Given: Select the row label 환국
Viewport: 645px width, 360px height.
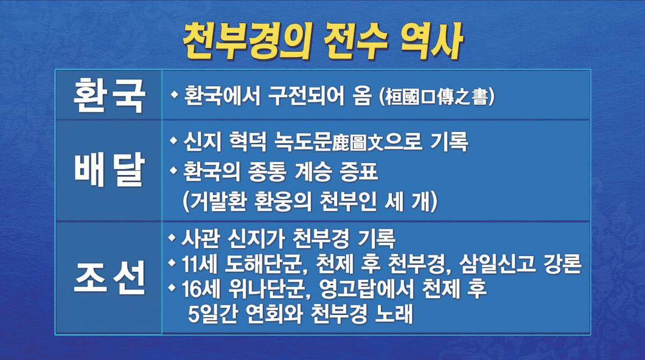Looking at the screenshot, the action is [108, 95].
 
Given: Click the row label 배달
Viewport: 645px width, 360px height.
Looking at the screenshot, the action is [108, 170].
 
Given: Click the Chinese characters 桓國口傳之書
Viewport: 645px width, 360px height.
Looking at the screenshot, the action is [437, 97].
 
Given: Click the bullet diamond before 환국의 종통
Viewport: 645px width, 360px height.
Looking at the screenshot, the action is [174, 169].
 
